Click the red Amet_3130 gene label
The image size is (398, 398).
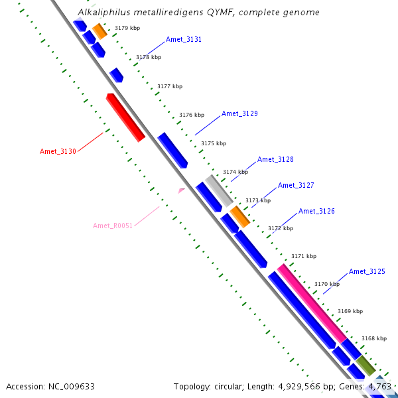(x=58, y=151)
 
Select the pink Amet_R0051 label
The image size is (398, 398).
(x=113, y=226)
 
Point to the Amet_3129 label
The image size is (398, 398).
(x=239, y=113)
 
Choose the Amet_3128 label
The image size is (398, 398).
(x=275, y=159)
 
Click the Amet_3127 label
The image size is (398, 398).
(x=296, y=185)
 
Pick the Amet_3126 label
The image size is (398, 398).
(x=316, y=211)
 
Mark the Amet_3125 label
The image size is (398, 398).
(x=367, y=271)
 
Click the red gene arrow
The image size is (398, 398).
(x=126, y=117)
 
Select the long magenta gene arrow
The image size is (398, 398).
(x=312, y=303)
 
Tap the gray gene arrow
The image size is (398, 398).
(x=218, y=190)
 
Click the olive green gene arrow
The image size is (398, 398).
(x=367, y=364)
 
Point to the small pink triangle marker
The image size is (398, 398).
(x=181, y=191)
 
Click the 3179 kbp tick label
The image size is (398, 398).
(x=127, y=28)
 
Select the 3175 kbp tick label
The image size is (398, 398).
(x=214, y=143)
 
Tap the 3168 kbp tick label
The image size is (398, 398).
(x=373, y=338)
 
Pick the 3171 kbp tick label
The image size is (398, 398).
(x=304, y=256)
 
